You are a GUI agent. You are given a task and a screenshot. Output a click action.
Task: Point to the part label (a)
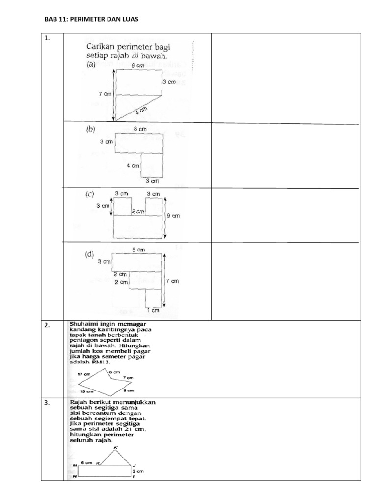click(x=91, y=64)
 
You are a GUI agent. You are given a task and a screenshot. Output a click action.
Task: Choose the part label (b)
click(x=91, y=130)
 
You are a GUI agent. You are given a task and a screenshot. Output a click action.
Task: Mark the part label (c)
click(x=90, y=195)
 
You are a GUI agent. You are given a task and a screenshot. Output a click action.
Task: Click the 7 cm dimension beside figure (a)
click(x=105, y=94)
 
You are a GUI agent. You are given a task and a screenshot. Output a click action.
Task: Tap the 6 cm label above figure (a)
click(x=137, y=65)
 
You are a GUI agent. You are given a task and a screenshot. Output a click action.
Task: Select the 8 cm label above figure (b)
click(x=140, y=129)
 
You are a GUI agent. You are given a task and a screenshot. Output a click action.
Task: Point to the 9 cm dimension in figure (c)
click(x=173, y=215)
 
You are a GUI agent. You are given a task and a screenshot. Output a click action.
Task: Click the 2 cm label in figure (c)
click(x=138, y=211)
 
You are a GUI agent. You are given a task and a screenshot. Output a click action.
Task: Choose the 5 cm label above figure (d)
click(x=139, y=250)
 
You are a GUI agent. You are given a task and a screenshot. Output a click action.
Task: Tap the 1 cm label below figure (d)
click(x=153, y=310)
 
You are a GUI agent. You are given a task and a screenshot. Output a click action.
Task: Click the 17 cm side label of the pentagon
click(x=84, y=374)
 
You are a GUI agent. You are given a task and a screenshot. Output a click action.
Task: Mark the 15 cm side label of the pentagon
click(x=86, y=391)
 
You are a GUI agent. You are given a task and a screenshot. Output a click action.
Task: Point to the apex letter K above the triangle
click(x=116, y=447)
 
